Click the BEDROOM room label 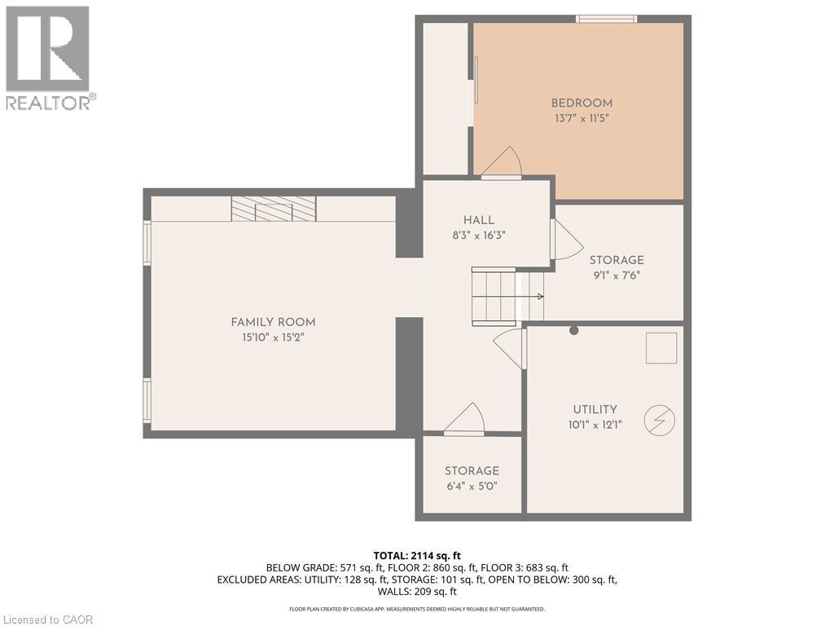point(582,104)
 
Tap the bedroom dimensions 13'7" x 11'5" point(582,118)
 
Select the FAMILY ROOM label point(273,322)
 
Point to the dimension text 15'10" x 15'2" point(273,337)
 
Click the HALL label point(479,220)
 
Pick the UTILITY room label point(595,409)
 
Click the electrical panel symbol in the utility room point(659,421)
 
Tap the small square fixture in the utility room point(661,348)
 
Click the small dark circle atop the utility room point(574,330)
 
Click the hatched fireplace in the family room point(273,209)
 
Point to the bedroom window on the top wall point(607,19)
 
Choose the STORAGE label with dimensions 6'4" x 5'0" point(472,471)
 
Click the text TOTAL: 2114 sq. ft point(417,555)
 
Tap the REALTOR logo point(49,57)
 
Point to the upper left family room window point(147,243)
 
